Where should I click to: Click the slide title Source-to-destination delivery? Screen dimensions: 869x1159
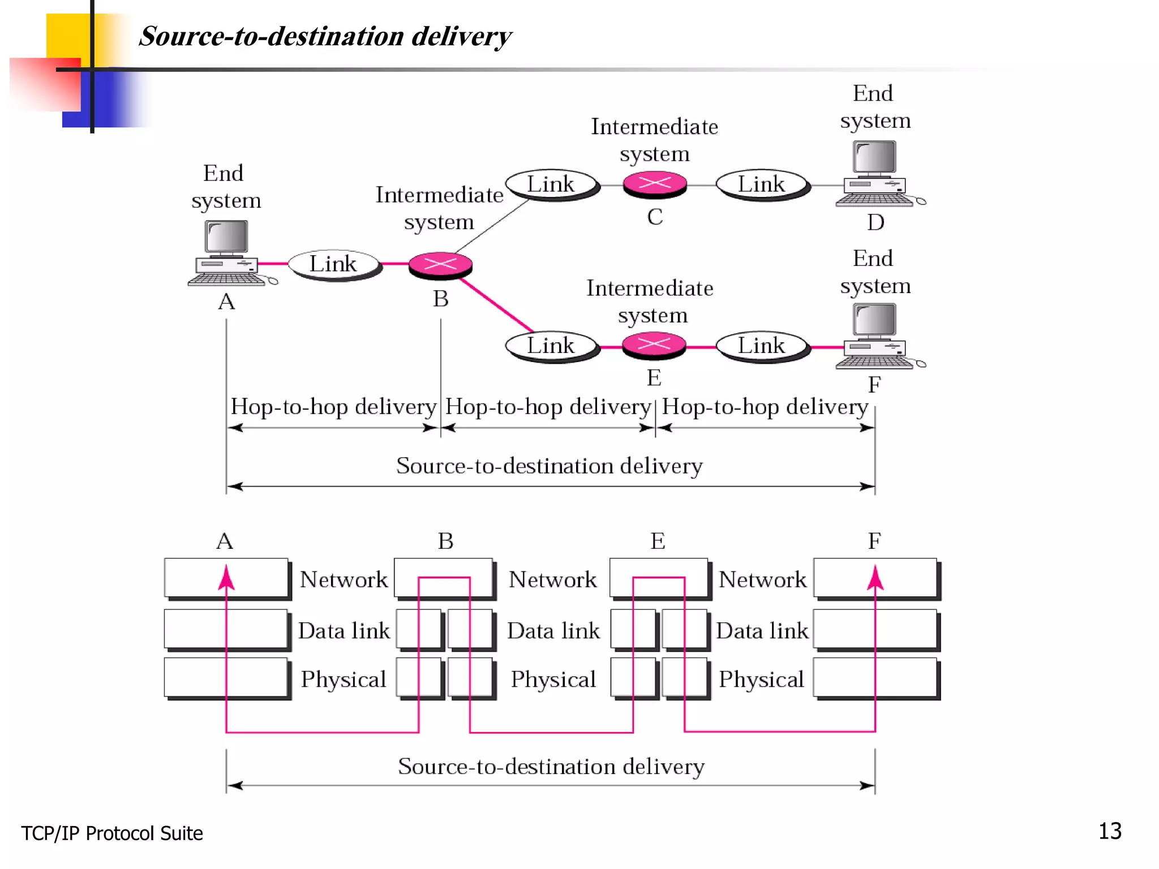click(325, 36)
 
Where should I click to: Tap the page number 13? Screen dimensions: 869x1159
click(1109, 831)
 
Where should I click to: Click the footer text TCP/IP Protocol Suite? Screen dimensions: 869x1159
click(112, 833)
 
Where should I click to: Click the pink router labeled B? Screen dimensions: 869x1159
click(440, 265)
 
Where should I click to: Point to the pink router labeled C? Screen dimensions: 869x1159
click(655, 184)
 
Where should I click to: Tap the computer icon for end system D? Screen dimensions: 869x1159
click(875, 173)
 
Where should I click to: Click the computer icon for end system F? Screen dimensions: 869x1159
click(875, 336)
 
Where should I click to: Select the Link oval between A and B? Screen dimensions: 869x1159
click(334, 264)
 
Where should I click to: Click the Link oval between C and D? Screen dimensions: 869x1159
click(762, 184)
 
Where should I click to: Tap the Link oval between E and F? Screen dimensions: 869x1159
click(762, 345)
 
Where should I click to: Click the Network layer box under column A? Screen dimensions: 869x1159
click(226, 578)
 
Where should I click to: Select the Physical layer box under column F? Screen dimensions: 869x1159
click(875, 677)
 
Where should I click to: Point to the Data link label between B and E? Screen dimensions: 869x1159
click(553, 630)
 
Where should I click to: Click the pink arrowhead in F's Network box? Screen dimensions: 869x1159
click(875, 578)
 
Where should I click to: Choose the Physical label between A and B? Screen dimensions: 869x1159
click(343, 679)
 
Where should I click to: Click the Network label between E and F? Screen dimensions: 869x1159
click(762, 579)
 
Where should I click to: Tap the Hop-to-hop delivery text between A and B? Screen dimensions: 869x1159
click(333, 407)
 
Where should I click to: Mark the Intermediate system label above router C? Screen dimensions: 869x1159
click(654, 140)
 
